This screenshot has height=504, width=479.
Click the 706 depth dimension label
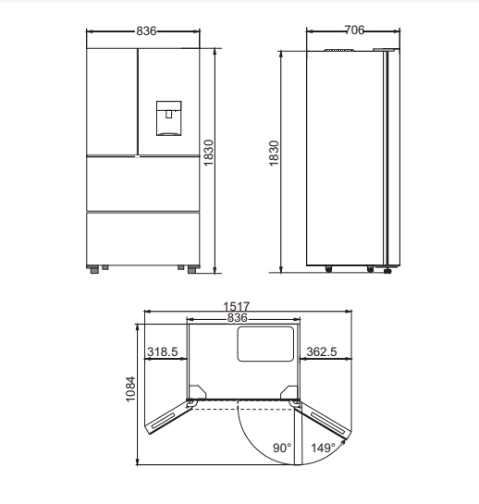354,30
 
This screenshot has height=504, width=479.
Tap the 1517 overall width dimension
237,306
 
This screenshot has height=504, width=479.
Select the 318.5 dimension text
163,351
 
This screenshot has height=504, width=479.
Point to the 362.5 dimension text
322,351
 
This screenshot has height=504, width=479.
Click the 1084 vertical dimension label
130,389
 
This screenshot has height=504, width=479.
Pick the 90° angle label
282,448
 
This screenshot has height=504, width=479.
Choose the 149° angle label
323,448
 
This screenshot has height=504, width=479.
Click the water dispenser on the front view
169,118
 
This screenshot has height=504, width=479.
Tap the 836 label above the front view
146,31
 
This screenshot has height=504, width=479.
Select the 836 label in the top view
238,317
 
